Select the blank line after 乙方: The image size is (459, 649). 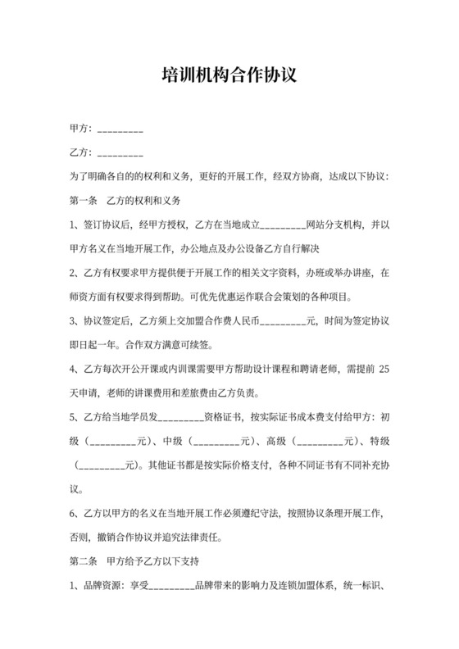120,154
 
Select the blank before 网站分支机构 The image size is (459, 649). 283,224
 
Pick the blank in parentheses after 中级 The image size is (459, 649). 217,442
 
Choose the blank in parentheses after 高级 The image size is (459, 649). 320,442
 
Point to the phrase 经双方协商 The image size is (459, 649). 299,176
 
